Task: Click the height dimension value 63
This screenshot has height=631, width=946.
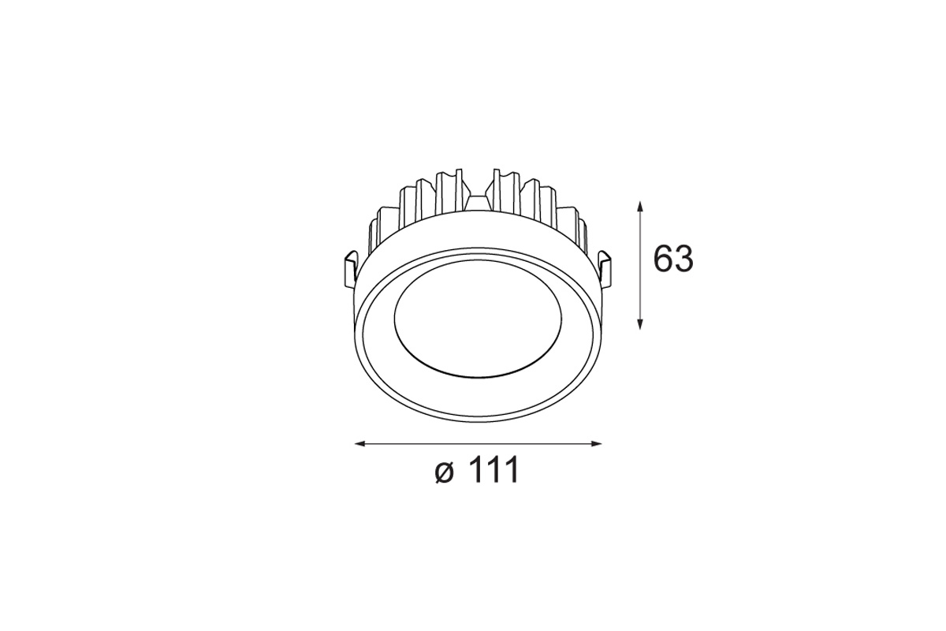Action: click(673, 258)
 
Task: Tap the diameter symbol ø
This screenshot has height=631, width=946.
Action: click(445, 472)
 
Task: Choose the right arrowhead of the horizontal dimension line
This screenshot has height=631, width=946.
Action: click(596, 444)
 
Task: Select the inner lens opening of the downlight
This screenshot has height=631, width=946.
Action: click(478, 327)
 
